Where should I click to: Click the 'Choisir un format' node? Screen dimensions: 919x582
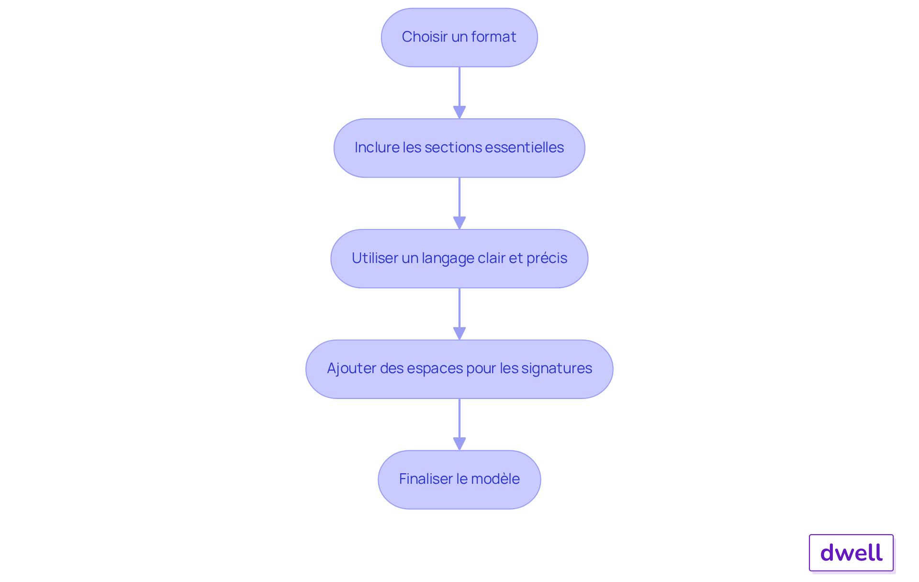tap(459, 37)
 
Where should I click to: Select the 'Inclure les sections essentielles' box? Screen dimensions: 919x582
tap(459, 148)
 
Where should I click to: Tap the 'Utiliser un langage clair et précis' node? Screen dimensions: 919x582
tap(459, 259)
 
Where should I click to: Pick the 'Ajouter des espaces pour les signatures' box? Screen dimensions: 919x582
tap(459, 369)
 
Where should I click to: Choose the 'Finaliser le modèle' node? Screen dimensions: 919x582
tap(459, 479)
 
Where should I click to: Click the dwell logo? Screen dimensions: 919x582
tap(852, 553)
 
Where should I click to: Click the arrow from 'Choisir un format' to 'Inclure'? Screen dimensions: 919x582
tap(459, 93)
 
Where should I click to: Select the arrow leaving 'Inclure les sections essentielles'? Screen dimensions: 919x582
tap(459, 204)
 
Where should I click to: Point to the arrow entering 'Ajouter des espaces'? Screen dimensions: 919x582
tap(459, 314)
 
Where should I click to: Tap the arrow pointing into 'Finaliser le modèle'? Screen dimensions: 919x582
tap(459, 424)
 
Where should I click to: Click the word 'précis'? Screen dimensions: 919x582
tap(547, 258)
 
